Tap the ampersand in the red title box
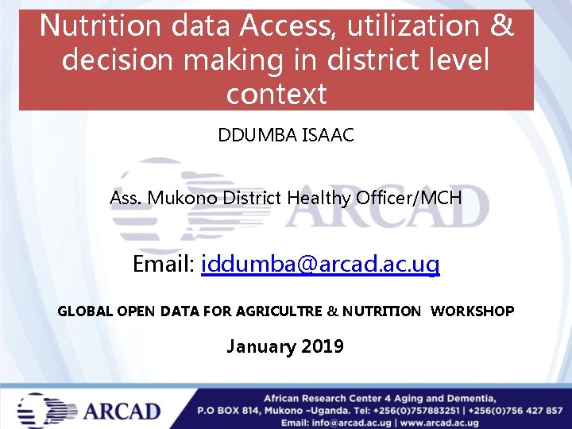(502, 25)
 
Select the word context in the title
(276, 94)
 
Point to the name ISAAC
(327, 135)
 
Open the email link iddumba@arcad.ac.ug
(320, 264)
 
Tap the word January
(256, 346)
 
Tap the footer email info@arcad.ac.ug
(350, 423)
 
